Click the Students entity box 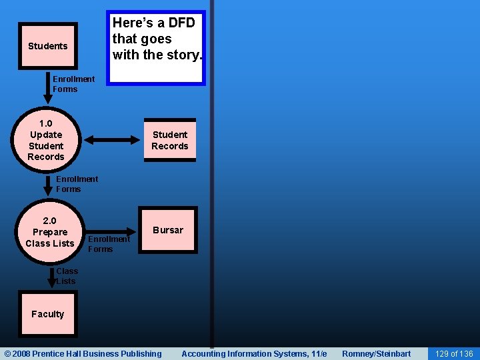(48, 46)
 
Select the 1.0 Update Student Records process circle (46, 140)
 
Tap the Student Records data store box (170, 140)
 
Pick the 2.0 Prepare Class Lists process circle (50, 232)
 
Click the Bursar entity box (168, 230)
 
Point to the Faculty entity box (48, 314)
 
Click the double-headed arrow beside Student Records (111, 140)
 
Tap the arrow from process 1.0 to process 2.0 (47, 185)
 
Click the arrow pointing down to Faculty (52, 277)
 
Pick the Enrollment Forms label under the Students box (73, 84)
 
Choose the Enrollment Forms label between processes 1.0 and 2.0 (77, 184)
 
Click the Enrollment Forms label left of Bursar (109, 244)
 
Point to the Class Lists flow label (67, 276)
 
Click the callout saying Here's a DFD (157, 47)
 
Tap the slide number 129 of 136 (453, 353)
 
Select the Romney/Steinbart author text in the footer (377, 353)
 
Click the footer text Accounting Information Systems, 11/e (254, 353)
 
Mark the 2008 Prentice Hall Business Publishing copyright (83, 353)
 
